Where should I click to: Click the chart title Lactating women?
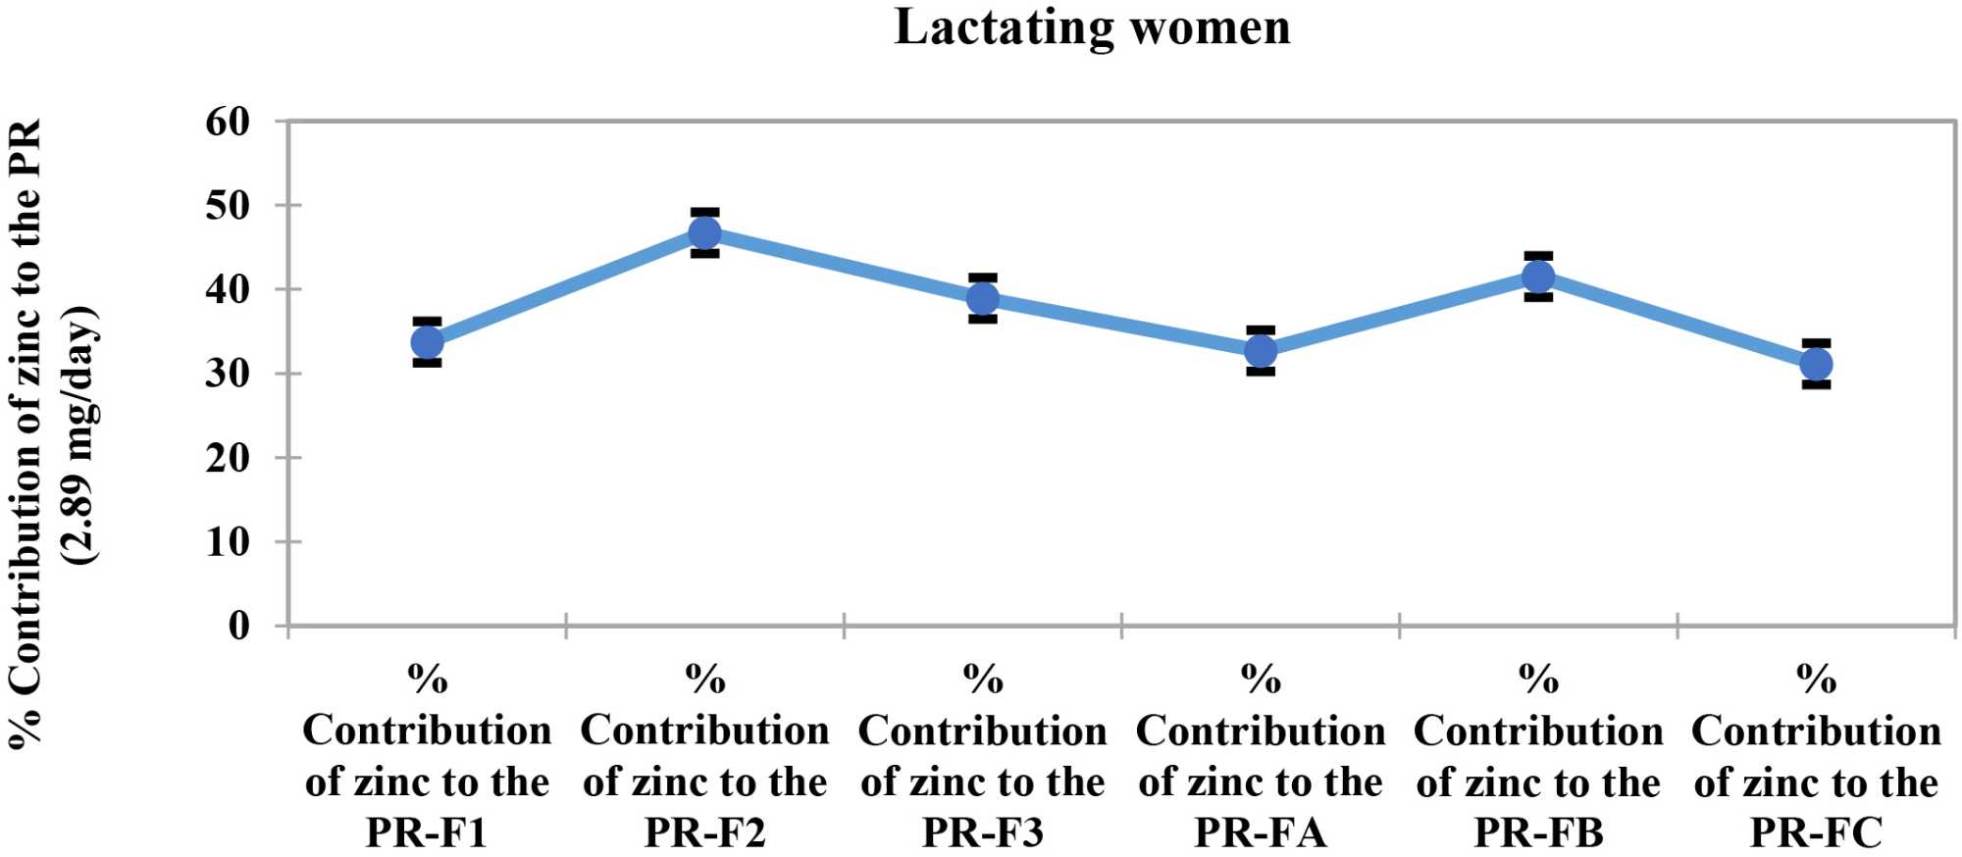point(1092,26)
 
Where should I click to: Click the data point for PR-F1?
point(427,342)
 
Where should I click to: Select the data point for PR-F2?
point(704,233)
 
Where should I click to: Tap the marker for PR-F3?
point(983,298)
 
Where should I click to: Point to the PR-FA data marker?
point(1261,351)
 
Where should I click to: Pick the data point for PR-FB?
point(1538,277)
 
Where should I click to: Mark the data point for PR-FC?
point(1816,365)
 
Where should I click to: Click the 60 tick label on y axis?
point(228,122)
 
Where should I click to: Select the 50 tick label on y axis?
point(228,206)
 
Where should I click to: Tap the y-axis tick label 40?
point(228,289)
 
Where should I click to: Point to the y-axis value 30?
point(228,374)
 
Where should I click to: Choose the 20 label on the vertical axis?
point(228,458)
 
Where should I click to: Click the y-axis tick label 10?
point(228,541)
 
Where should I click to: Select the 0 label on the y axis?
point(239,626)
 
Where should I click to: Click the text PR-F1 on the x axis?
point(427,832)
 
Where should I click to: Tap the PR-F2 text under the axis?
point(704,832)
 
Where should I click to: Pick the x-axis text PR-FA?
point(1261,832)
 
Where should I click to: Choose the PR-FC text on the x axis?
point(1816,832)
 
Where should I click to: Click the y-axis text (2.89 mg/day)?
point(80,434)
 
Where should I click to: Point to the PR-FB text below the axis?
point(1538,832)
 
